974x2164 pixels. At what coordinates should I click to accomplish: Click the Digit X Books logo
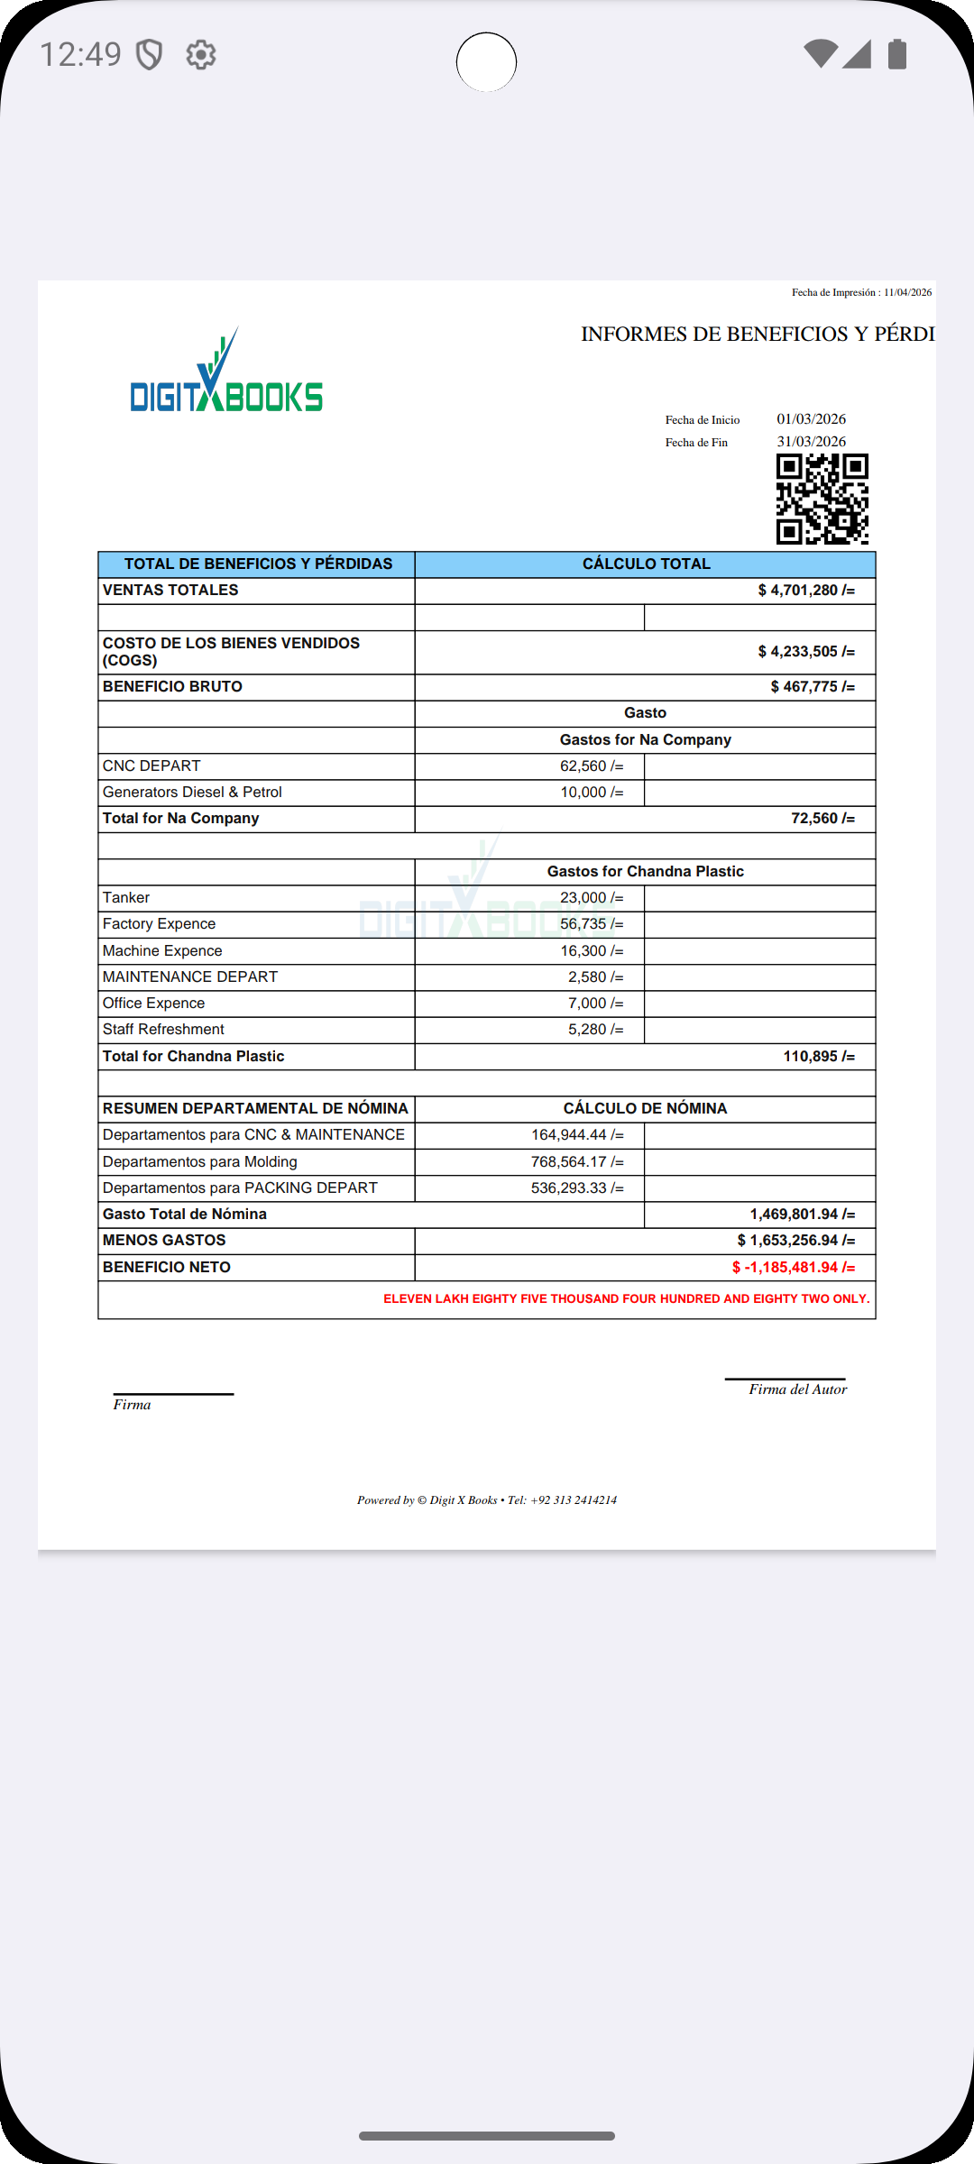226,372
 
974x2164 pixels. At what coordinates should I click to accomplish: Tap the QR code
822,499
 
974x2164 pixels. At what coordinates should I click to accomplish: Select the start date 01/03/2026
811,419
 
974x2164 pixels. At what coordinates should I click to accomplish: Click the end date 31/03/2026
811,442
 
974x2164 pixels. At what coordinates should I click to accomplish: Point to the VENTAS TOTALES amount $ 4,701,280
805,591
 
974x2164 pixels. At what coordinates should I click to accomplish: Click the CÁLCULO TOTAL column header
646,564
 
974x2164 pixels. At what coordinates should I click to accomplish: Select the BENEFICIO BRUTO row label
172,687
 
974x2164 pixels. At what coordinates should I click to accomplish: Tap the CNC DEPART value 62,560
591,766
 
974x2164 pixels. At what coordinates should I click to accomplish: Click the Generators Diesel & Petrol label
192,793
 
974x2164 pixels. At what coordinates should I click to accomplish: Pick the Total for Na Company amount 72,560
822,819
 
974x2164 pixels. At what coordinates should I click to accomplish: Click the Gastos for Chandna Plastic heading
645,872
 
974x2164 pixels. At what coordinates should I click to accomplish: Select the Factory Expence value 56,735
591,924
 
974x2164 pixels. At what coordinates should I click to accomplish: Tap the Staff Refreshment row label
163,1030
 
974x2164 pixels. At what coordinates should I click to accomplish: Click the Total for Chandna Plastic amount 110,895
818,1057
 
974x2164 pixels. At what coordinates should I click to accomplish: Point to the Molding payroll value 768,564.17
576,1162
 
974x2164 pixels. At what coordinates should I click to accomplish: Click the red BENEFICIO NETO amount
793,1268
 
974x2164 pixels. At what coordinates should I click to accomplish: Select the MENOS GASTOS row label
164,1241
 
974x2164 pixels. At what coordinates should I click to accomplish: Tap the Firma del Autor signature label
797,1389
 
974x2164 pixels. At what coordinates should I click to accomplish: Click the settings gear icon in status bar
200,55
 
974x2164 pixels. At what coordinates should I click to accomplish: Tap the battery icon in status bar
896,54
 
